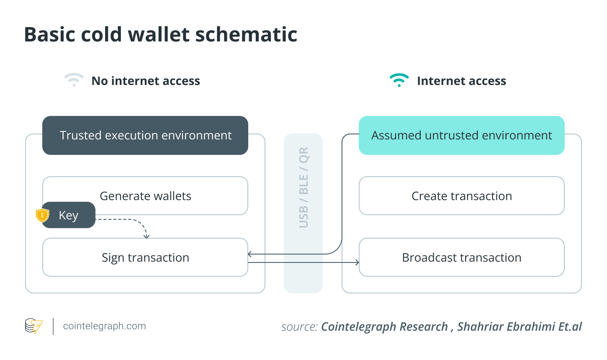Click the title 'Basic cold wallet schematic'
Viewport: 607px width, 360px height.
(x=160, y=34)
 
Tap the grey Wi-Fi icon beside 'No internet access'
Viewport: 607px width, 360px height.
(x=74, y=80)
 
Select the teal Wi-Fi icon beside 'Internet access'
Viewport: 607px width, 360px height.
(x=399, y=80)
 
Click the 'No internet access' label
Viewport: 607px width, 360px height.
(x=146, y=81)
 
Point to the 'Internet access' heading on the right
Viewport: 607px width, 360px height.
(x=461, y=81)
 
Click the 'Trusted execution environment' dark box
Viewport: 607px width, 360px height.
(x=145, y=135)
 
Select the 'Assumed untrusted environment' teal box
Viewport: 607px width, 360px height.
(x=461, y=135)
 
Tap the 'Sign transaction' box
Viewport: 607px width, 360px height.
(x=145, y=257)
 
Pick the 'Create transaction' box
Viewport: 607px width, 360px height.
(x=461, y=196)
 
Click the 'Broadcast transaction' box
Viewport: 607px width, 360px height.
(x=461, y=257)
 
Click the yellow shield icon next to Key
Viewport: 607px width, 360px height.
(x=42, y=215)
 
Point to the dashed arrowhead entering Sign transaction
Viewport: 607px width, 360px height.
(x=147, y=237)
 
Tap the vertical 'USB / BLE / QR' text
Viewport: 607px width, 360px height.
(x=303, y=188)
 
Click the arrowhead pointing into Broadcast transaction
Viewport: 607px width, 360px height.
(x=357, y=262)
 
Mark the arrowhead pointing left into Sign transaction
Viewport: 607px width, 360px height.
(x=250, y=254)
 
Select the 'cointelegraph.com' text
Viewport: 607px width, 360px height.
(x=104, y=326)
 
